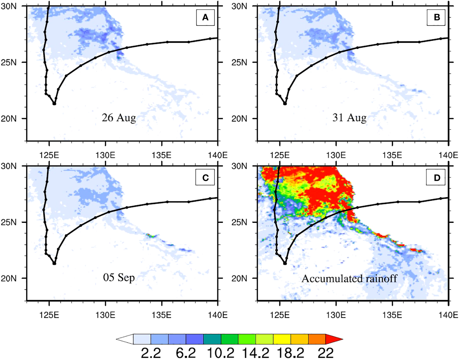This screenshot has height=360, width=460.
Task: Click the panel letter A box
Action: [205, 17]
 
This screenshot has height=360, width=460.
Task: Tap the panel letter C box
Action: [205, 177]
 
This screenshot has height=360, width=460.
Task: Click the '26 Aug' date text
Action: [119, 118]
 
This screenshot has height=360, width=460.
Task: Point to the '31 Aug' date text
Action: [349, 118]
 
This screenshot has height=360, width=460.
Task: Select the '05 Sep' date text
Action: [119, 277]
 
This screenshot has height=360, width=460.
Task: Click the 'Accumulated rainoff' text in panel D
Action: [349, 278]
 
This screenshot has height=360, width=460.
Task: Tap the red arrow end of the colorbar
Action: [334, 339]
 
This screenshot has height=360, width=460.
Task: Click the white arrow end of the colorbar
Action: [125, 339]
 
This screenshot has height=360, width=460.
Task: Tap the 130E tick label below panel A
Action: [105, 155]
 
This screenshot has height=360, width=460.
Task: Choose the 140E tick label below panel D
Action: [448, 315]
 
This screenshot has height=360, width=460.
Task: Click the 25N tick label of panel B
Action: [239, 62]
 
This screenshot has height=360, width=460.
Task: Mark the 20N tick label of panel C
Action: [8, 278]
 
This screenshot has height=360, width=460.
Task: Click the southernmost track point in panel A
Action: [54, 103]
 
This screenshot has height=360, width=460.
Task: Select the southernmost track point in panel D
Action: [285, 263]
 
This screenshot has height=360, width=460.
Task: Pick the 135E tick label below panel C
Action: [161, 315]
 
